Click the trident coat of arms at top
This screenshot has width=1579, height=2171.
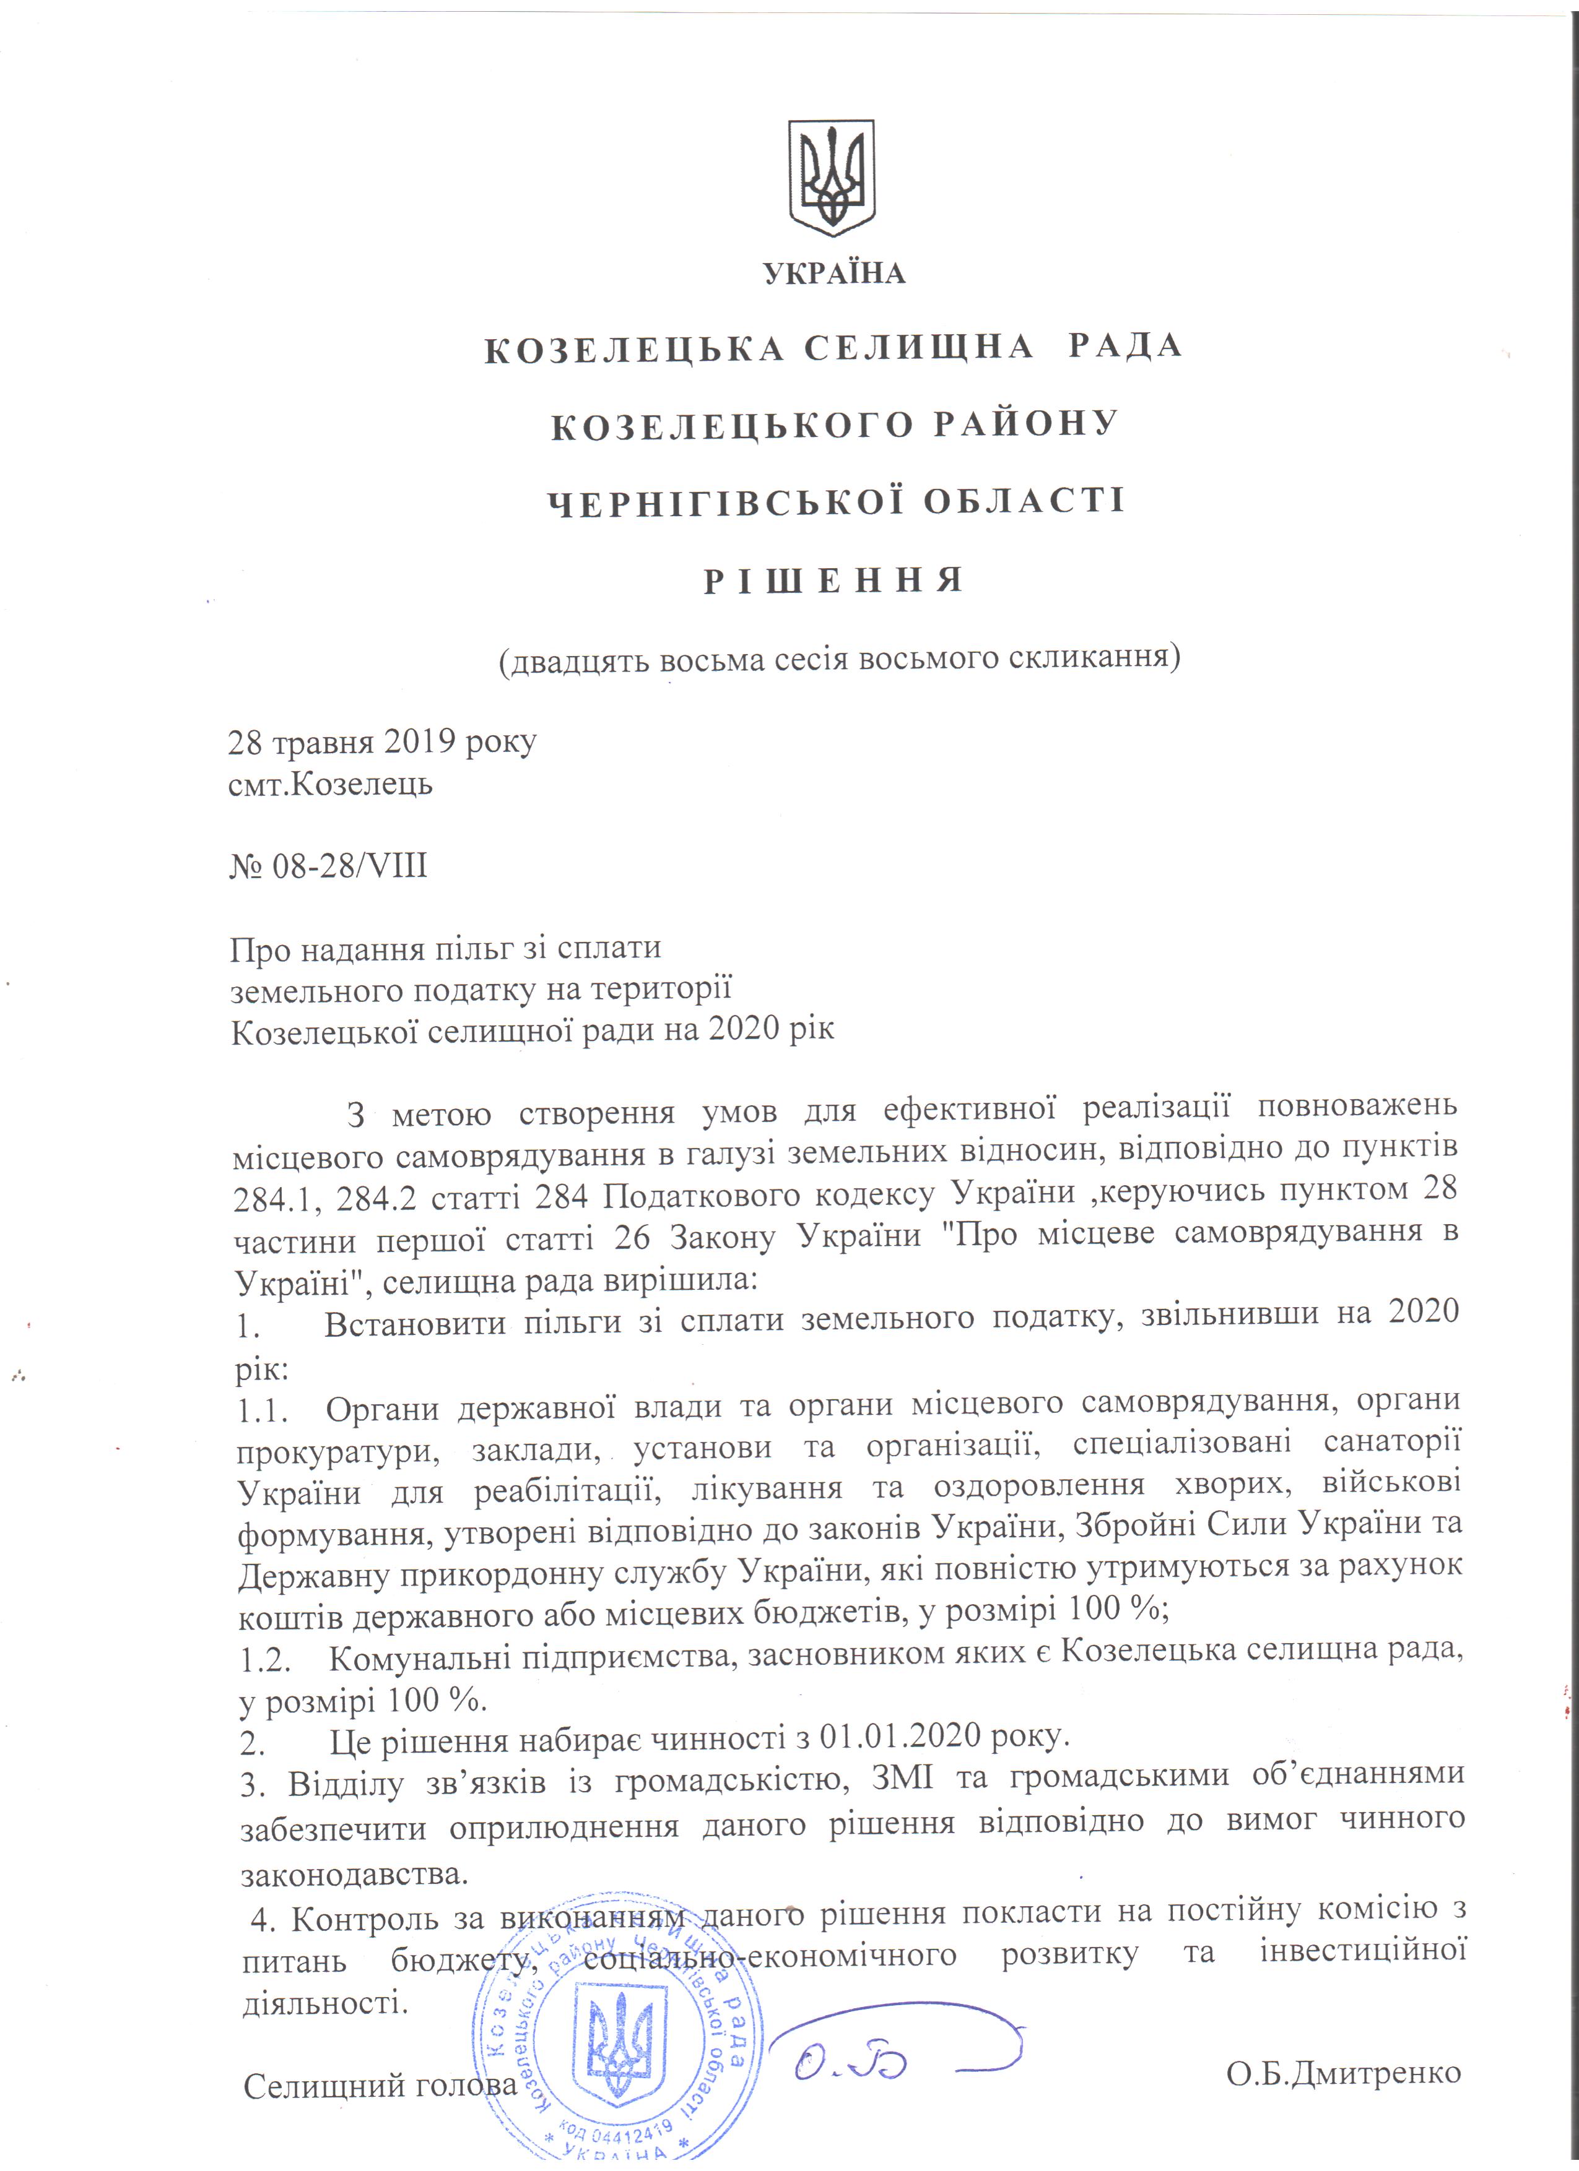831,180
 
